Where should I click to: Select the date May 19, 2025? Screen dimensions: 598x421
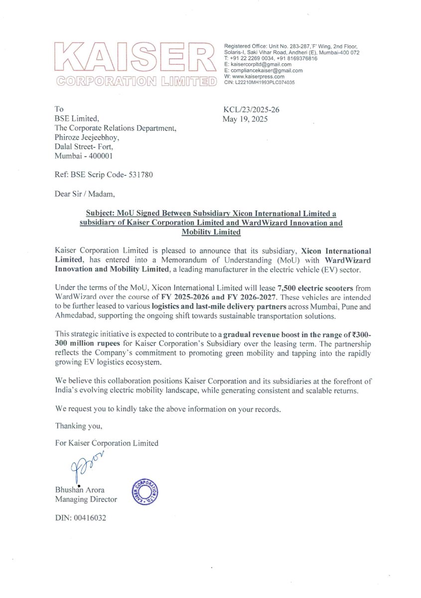[x=245, y=119]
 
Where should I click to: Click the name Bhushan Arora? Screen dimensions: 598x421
[x=80, y=490]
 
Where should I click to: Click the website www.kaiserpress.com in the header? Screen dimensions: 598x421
[x=257, y=77]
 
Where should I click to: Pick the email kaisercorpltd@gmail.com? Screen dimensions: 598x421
[x=261, y=65]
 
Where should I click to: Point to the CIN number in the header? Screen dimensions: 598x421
[x=260, y=83]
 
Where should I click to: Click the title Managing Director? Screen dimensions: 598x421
[x=86, y=499]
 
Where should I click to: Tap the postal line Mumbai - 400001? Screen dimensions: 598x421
[x=84, y=156]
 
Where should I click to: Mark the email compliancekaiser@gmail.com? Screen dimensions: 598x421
[x=266, y=71]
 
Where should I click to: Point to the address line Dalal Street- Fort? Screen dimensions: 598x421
[x=84, y=147]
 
